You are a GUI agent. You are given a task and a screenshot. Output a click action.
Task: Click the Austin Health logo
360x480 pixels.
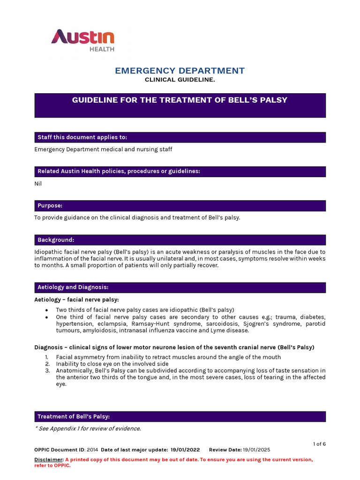click(82, 40)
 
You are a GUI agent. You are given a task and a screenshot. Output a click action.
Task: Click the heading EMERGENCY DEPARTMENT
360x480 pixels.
click(180, 71)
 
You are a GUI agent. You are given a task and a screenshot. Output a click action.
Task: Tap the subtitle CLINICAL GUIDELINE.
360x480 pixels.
click(180, 80)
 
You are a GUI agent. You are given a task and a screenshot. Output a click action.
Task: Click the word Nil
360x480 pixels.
click(38, 184)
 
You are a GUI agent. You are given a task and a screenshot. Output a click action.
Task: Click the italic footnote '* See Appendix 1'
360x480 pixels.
click(88, 428)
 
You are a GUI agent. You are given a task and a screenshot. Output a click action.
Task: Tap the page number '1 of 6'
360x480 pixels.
click(319, 444)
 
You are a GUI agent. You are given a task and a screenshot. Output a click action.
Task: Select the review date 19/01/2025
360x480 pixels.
click(256, 450)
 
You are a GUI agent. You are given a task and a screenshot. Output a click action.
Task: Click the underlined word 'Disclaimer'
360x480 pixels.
click(49, 460)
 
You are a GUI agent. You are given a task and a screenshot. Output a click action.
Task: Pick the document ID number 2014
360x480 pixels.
click(92, 450)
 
